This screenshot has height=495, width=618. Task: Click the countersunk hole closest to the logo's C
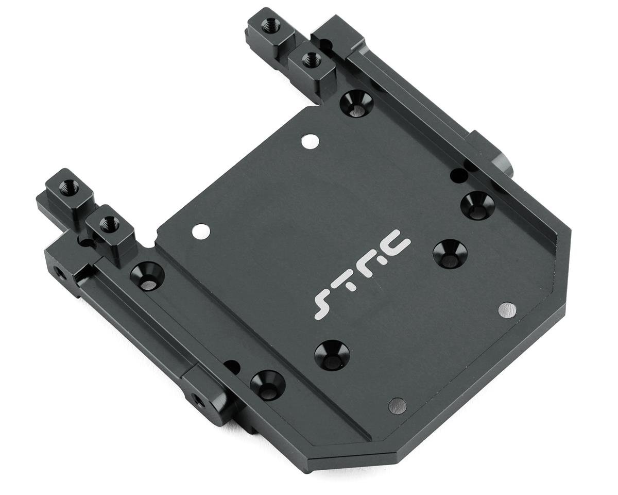click(x=450, y=253)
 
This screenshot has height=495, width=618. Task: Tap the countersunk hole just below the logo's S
click(x=332, y=355)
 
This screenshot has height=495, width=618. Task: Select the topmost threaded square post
click(x=271, y=25)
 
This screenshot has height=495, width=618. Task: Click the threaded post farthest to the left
click(x=69, y=188)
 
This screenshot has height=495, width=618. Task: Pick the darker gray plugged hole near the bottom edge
click(x=397, y=405)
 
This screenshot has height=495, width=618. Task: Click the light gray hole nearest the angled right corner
click(x=507, y=310)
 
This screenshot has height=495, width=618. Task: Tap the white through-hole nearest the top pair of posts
click(x=310, y=141)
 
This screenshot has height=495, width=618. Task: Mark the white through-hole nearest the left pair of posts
click(x=201, y=231)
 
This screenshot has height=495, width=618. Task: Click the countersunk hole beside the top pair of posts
click(x=356, y=102)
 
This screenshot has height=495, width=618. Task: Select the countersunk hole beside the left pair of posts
click(x=147, y=276)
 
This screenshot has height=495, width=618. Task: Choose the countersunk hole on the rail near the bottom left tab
click(x=267, y=385)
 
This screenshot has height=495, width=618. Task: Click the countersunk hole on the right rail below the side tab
click(x=477, y=205)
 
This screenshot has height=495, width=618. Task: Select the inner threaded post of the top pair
click(x=312, y=61)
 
